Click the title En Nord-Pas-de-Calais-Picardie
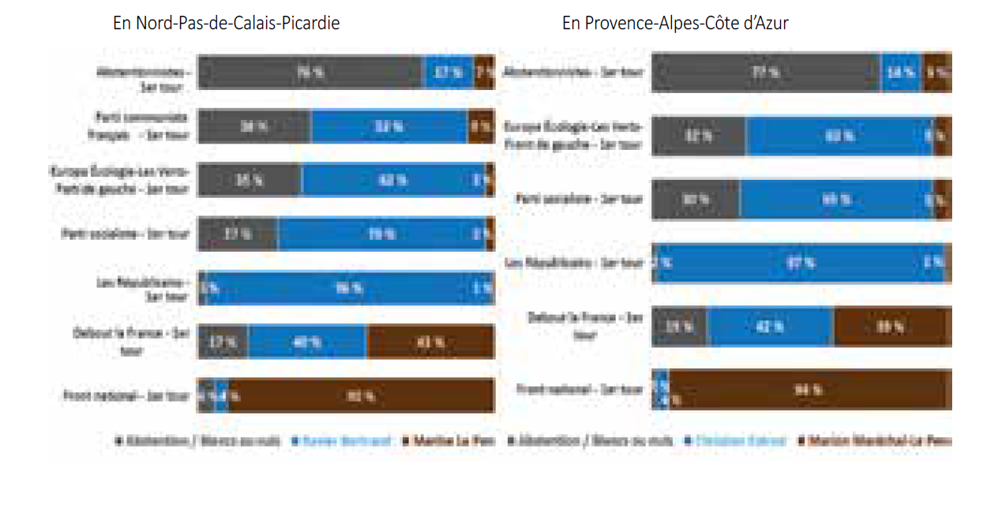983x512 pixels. (227, 24)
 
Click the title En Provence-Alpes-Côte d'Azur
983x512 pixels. (675, 24)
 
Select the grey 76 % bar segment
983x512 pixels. (310, 72)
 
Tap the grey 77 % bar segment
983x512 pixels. (765, 72)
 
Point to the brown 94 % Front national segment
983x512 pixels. (807, 389)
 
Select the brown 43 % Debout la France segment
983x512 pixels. (430, 342)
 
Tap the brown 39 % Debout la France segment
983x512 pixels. (890, 327)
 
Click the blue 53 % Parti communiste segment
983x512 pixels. (389, 126)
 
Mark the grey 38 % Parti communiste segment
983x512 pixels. (253, 126)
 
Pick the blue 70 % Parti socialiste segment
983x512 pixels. (381, 234)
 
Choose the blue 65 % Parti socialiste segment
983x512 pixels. (836, 200)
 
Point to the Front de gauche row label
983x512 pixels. (575, 136)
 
